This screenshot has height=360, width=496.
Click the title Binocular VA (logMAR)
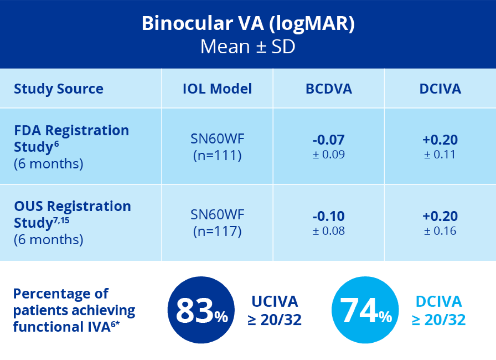248,23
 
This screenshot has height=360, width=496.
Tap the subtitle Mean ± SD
248,47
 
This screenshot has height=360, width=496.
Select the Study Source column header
58,89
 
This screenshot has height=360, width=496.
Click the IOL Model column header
217,89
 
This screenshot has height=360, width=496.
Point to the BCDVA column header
329,89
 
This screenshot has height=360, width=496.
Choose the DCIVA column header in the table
440,89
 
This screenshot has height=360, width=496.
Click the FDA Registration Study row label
72,138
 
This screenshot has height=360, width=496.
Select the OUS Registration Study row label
72,214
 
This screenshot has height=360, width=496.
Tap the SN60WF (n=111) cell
217,147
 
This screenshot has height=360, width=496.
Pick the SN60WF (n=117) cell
217,223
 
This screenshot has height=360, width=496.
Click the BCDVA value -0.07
329,140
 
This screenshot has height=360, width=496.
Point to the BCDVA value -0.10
329,216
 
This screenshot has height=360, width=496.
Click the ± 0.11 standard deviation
440,155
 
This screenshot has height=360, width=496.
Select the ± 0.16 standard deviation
440,231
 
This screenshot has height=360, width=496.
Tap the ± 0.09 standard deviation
329,155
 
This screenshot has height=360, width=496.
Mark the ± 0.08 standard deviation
329,231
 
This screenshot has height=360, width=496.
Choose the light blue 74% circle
365,310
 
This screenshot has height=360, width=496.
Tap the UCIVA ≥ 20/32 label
275,310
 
